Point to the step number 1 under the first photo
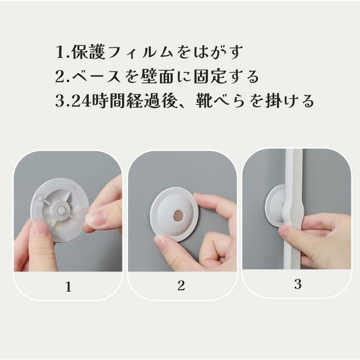click(68, 287)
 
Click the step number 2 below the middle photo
click(181, 286)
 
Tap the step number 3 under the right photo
click(298, 285)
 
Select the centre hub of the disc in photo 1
click(60, 208)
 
